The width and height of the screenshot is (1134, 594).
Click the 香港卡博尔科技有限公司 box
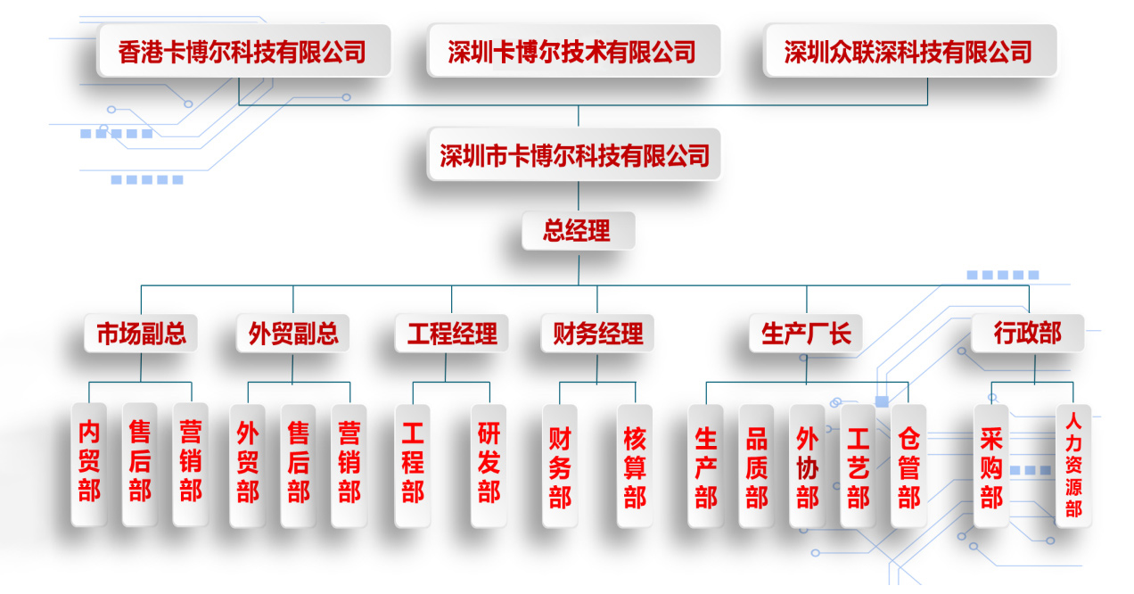click(x=242, y=52)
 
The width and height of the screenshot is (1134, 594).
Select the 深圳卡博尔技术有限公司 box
click(x=572, y=52)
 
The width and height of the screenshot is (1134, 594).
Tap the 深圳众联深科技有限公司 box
click(x=908, y=52)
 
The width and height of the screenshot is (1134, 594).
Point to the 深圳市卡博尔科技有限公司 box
click(x=574, y=156)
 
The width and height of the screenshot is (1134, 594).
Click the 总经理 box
click(x=578, y=231)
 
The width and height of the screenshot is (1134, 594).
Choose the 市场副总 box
click(x=141, y=334)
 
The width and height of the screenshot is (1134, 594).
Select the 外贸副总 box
click(x=293, y=334)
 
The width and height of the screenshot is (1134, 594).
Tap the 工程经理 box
click(x=451, y=334)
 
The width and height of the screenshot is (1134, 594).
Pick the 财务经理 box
click(x=597, y=334)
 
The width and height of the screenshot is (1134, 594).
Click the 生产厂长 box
click(x=806, y=334)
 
